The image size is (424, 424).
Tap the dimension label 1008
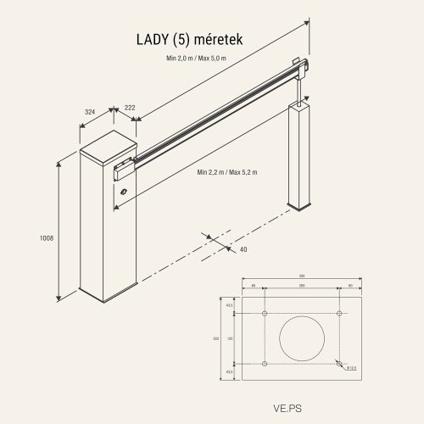click(x=47, y=238)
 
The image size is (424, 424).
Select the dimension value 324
click(x=89, y=110)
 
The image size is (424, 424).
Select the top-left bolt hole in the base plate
click(x=265, y=315)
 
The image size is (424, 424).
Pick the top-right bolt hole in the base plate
click(x=340, y=315)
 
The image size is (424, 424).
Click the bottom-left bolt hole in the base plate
click(x=265, y=364)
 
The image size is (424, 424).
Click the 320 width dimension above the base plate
click(x=303, y=277)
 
